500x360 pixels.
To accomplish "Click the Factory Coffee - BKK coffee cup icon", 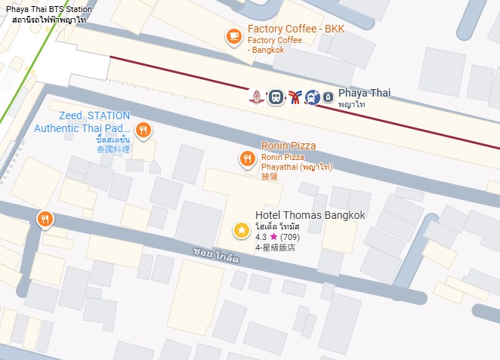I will point(234,35).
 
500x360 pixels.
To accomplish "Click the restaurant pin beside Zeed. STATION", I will point(143,130).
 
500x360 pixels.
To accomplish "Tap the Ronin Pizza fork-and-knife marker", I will point(246,158).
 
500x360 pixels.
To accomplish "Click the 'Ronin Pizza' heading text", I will point(289,146).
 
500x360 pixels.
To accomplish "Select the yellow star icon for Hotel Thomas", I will point(241,230).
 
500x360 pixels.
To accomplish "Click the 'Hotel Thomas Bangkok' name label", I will point(310,215).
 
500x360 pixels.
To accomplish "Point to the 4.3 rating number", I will point(261,237).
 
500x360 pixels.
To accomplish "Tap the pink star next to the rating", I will point(273,237).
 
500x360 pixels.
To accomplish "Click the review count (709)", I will point(289,237).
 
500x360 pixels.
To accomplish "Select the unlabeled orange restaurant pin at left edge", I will point(45,220).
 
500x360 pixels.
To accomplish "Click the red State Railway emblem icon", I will point(258,97).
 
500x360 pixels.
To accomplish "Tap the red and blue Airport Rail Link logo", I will point(295,97).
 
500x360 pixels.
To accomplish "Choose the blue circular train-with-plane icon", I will point(312,97).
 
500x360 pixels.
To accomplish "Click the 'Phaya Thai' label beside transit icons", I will point(364,93).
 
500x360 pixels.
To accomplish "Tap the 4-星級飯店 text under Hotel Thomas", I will point(276,247).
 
